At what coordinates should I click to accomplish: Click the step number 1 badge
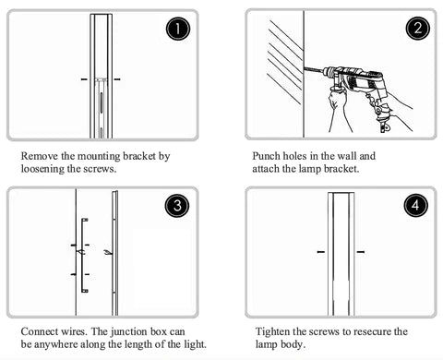(178, 29)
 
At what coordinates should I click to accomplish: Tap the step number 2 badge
(417, 29)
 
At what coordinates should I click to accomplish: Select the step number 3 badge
(177, 206)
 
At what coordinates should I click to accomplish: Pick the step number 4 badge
(415, 205)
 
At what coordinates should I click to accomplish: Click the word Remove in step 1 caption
(40, 156)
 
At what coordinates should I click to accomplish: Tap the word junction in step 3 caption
(128, 331)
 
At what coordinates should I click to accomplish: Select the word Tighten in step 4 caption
(272, 331)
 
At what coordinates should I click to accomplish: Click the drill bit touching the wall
(314, 69)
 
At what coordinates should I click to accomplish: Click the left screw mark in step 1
(84, 79)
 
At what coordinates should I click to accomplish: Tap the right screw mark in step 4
(361, 252)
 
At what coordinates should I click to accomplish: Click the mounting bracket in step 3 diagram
(82, 256)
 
